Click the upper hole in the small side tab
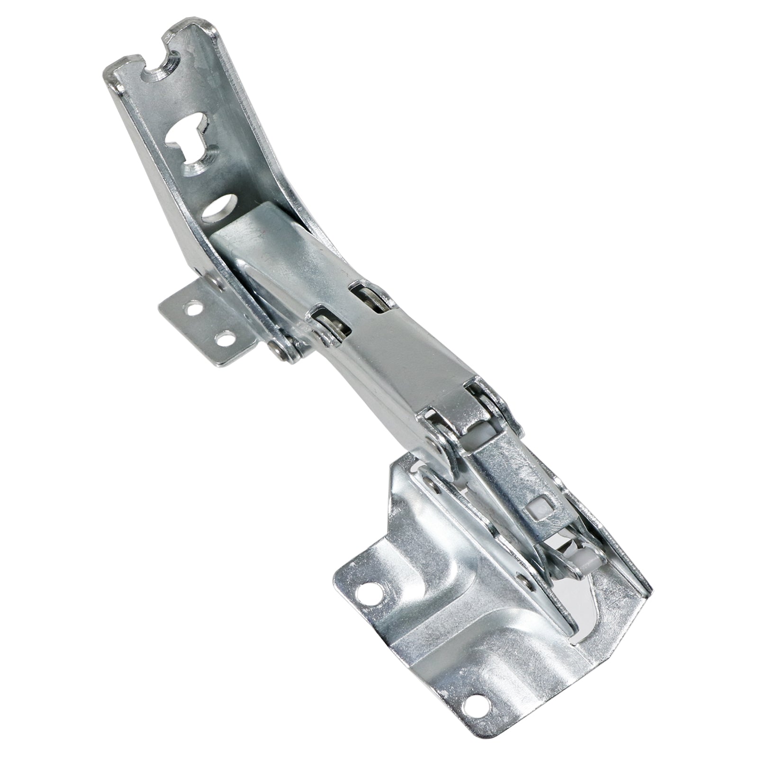click(x=193, y=311)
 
